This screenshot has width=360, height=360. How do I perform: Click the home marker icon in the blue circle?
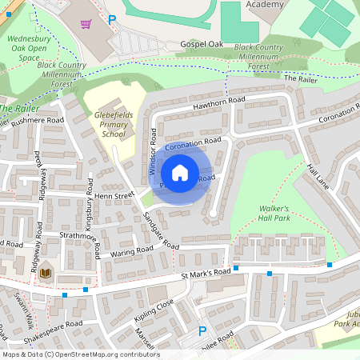pyautogui.click(x=180, y=173)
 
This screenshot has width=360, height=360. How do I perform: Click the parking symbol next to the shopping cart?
pyautogui.click(x=112, y=19)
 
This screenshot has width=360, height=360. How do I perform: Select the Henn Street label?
pyautogui.click(x=113, y=195)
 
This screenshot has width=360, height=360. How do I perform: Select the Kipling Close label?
pyautogui.click(x=154, y=306)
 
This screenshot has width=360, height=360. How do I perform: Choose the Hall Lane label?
pyautogui.click(x=318, y=176)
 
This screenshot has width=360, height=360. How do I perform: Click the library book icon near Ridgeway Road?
pyautogui.click(x=46, y=273)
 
